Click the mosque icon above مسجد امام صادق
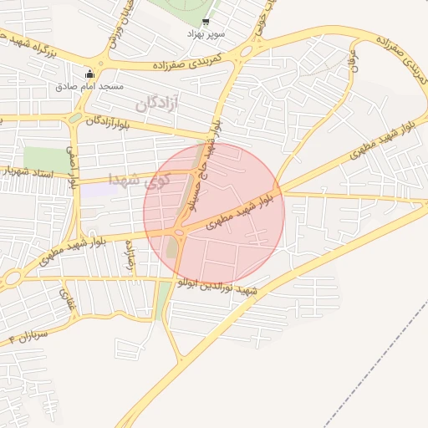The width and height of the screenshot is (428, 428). click(x=90, y=74)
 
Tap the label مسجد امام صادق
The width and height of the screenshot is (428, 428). click(x=90, y=86)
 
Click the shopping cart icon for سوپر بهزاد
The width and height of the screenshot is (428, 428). click(x=206, y=23)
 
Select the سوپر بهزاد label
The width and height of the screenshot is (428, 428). click(x=206, y=34)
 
